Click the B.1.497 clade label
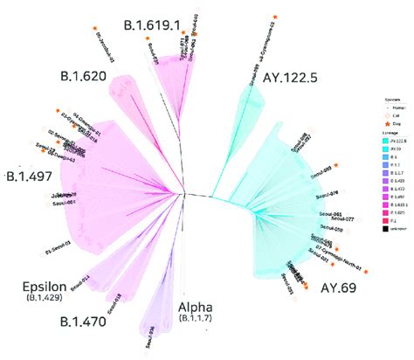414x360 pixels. [x=30, y=176]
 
